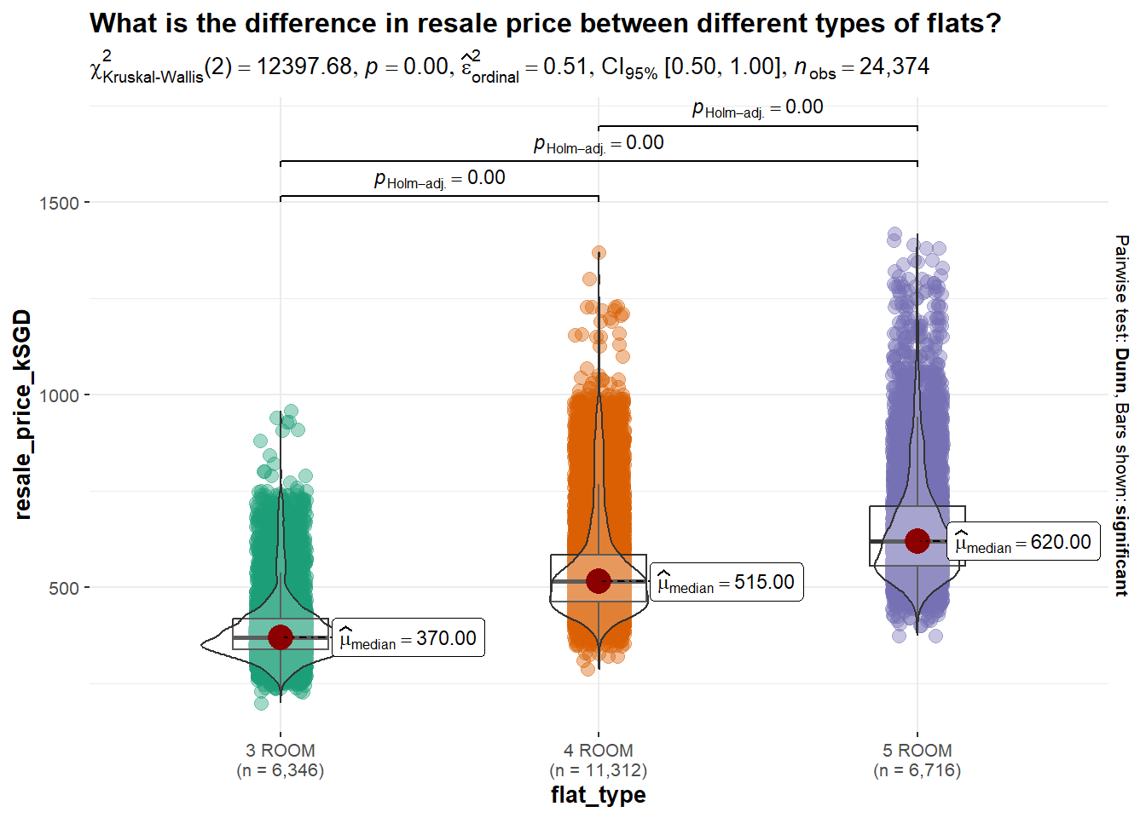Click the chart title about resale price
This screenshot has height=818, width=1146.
(x=545, y=23)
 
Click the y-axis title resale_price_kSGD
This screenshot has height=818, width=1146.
(x=23, y=414)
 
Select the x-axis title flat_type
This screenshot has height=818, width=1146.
(x=598, y=795)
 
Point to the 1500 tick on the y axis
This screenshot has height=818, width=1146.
(x=59, y=203)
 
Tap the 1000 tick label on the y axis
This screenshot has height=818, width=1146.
(x=59, y=395)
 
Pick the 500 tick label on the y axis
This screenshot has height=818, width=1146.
(x=64, y=588)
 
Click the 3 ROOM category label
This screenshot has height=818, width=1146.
(x=281, y=751)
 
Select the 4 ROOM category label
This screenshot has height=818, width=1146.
(x=598, y=751)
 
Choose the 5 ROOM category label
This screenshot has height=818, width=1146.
(x=917, y=751)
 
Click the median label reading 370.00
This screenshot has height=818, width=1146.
(x=408, y=638)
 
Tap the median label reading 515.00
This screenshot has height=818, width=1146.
(x=726, y=583)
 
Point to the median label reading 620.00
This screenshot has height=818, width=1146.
(x=1023, y=543)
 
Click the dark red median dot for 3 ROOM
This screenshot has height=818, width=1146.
(x=281, y=637)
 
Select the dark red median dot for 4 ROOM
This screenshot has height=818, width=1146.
(x=599, y=581)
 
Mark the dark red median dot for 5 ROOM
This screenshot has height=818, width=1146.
(x=917, y=540)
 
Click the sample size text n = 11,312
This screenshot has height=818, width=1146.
(x=598, y=770)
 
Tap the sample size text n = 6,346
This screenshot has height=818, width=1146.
(x=281, y=770)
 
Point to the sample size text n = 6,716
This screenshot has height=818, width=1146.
(x=917, y=770)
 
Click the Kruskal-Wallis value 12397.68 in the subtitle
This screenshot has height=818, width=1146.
(x=304, y=66)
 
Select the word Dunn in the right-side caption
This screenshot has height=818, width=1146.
(x=1121, y=371)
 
